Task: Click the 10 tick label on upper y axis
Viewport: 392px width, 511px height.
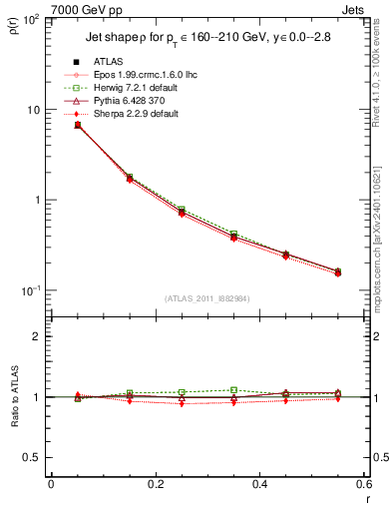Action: click(33, 110)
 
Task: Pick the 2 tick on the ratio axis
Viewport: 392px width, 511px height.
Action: click(37, 336)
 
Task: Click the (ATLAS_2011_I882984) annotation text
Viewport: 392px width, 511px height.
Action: click(206, 298)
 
